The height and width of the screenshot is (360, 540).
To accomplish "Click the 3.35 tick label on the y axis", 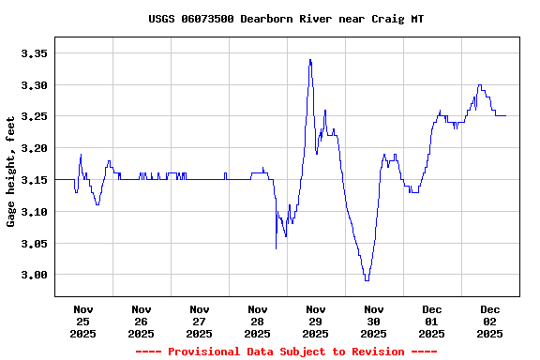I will point(34,53).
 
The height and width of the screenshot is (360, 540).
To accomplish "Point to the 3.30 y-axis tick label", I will point(34,85).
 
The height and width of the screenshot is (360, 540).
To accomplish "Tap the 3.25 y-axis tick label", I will point(34,117).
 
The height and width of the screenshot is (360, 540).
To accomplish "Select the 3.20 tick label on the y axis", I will point(34,148).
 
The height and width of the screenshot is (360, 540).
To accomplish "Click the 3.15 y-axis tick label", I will point(34,180).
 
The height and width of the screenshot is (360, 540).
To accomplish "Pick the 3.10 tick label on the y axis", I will point(34,212).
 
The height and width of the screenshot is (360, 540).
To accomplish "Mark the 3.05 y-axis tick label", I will point(34,244).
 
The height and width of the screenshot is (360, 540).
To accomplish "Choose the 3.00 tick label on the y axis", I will point(34,275).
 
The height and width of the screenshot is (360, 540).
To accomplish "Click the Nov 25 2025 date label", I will point(82,321).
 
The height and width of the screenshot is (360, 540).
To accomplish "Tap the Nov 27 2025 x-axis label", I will point(199,321).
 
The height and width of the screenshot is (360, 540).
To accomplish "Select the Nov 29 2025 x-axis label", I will point(315,321).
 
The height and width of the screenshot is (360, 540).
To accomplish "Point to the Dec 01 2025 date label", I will point(431,321).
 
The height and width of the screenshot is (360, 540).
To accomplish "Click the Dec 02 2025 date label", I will point(489,321).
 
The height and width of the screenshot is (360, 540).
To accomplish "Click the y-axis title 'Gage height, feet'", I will point(11,172).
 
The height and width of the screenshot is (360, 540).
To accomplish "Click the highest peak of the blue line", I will point(309,60).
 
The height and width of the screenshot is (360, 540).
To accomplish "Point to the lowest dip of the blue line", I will point(367,279).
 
